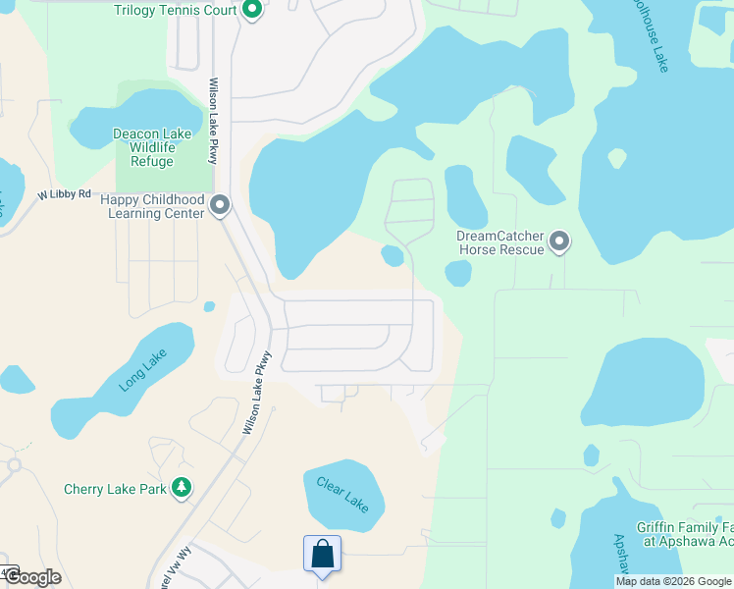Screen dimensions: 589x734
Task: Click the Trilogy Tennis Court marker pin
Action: click(x=251, y=11)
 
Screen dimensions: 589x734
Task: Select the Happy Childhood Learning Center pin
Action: click(x=220, y=205)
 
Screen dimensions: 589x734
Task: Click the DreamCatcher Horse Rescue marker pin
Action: click(x=559, y=241)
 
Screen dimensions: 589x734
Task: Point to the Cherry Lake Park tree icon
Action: click(x=181, y=487)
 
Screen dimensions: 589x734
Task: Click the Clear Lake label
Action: click(x=342, y=493)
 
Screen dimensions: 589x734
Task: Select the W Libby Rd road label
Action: click(x=65, y=195)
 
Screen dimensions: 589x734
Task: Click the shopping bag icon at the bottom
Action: click(x=322, y=555)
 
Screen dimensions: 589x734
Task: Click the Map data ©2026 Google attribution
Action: click(x=673, y=581)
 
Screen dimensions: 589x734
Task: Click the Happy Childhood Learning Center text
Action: click(x=152, y=206)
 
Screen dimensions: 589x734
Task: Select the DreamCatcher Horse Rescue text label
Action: click(x=500, y=242)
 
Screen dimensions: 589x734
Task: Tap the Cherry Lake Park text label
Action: click(x=115, y=489)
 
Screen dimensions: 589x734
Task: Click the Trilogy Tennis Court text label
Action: click(x=176, y=11)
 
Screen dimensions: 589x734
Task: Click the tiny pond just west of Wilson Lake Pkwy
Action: click(x=209, y=306)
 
